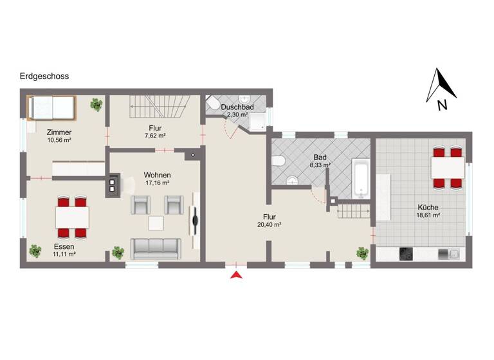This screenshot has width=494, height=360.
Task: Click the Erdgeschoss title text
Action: (x=44, y=76)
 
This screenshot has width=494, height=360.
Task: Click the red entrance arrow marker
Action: (x=237, y=275)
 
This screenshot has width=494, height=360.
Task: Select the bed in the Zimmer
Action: (x=51, y=107)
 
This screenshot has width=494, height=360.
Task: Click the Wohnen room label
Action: (x=157, y=174)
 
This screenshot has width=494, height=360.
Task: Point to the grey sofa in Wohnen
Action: (x=154, y=247)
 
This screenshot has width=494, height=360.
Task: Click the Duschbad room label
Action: (x=237, y=107)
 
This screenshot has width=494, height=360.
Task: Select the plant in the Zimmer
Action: (x=96, y=104)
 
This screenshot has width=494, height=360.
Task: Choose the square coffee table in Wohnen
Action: (x=156, y=223)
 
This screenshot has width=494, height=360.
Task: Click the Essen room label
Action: (x=64, y=246)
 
